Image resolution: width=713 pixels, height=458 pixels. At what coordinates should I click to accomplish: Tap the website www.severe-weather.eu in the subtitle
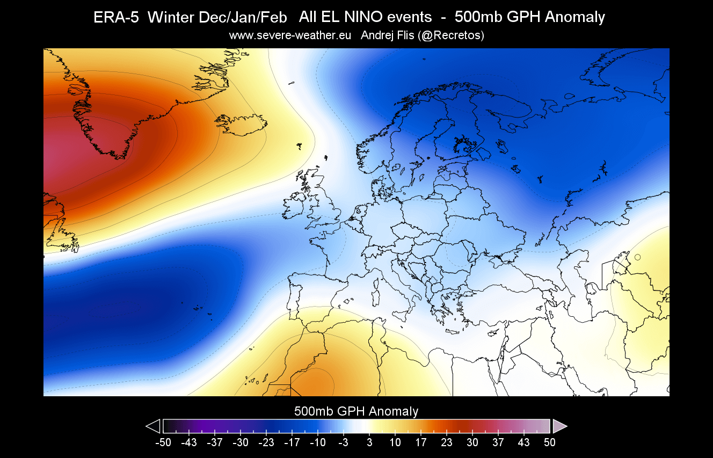[x=290, y=35]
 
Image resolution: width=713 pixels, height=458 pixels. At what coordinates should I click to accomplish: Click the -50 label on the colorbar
[x=163, y=442]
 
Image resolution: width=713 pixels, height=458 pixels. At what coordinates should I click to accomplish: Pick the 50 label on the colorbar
[x=549, y=442]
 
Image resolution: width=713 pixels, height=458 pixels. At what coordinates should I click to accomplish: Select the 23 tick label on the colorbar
[x=446, y=442]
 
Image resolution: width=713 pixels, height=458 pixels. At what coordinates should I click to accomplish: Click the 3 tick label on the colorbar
[x=369, y=442]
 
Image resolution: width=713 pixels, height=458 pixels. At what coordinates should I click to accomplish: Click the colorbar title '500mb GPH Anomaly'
[x=356, y=412]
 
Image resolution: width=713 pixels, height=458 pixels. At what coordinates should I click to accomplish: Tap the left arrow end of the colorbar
[x=154, y=426]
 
